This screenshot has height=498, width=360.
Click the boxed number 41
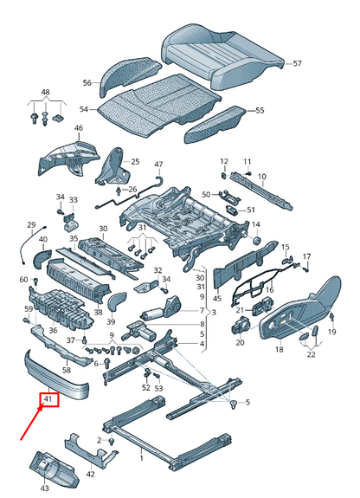49,401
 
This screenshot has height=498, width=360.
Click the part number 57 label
297,64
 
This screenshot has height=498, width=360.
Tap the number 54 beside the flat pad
83,110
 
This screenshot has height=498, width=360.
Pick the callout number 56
87,83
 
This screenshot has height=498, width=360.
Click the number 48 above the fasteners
45,93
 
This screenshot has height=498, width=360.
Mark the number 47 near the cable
158,165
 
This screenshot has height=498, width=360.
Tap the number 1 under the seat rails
142,453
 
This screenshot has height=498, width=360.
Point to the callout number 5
246,403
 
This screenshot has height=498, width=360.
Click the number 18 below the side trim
279,350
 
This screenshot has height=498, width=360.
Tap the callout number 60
23,280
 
